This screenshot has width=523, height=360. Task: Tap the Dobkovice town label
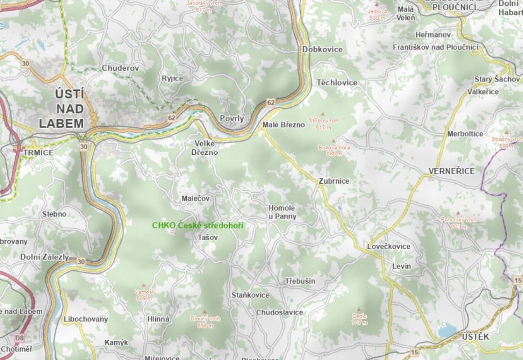click(x=322, y=49)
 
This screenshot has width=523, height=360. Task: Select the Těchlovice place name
click(x=337, y=82)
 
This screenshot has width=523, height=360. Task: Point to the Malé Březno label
click(x=284, y=125)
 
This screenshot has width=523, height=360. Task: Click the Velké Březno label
click(x=204, y=148)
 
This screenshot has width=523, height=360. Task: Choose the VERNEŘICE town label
click(x=451, y=171)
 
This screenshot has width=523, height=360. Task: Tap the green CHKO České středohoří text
click(x=197, y=225)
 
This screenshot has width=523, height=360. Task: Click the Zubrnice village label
click(x=334, y=181)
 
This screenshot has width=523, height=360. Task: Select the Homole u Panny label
click(x=282, y=212)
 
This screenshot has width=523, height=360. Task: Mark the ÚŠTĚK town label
click(x=475, y=337)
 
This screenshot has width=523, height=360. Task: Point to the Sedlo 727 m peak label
click(x=360, y=319)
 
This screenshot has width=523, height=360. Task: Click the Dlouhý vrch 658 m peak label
click(x=205, y=321)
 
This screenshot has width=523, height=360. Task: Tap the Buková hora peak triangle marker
click(x=334, y=141)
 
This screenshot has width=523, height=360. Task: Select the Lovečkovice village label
click(x=388, y=246)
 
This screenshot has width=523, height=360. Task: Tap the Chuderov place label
click(x=120, y=68)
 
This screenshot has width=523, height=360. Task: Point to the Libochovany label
click(x=86, y=319)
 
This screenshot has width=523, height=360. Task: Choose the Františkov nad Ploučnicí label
click(x=435, y=47)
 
